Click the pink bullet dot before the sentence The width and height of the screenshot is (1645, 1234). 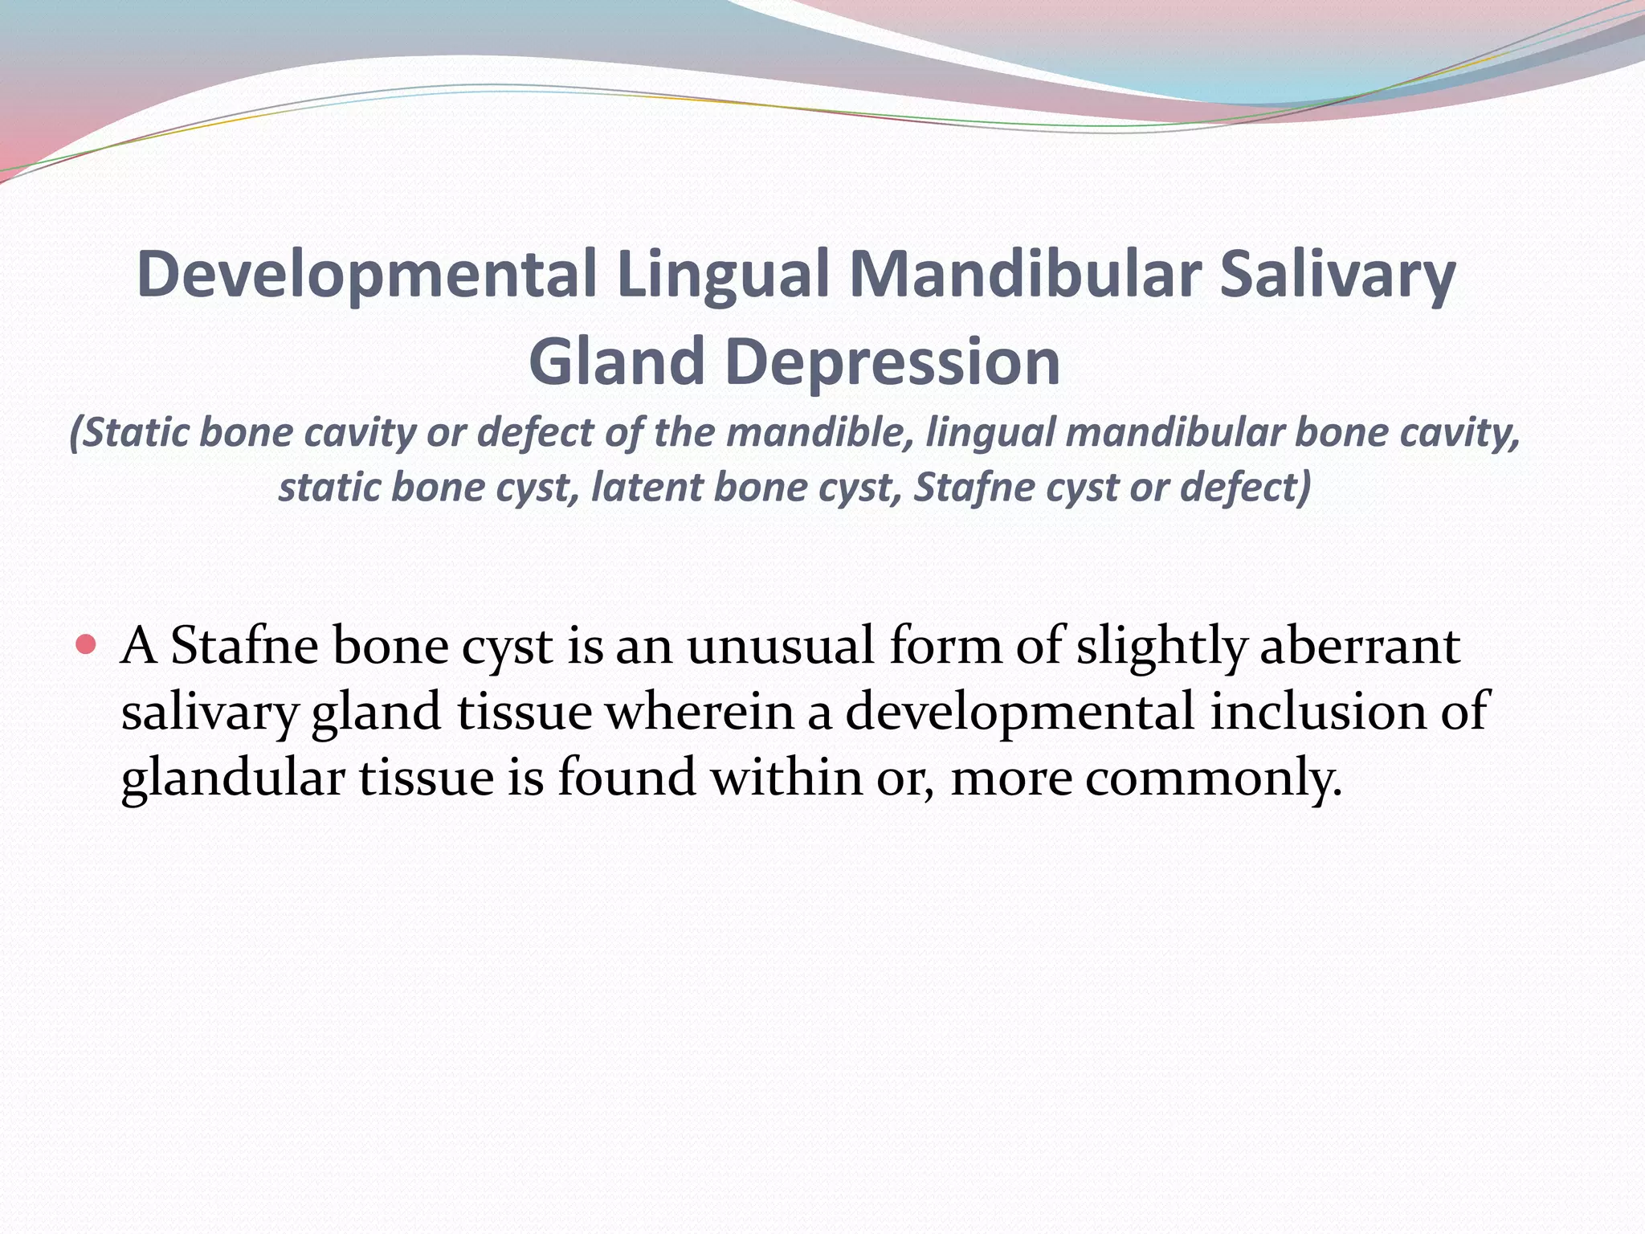click(87, 644)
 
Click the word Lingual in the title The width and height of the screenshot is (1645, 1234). click(723, 275)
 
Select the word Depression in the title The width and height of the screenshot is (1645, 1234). click(892, 363)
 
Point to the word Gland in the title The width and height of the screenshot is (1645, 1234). click(617, 362)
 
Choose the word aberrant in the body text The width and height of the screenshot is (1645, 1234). click(1359, 646)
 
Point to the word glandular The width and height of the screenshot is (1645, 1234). click(232, 779)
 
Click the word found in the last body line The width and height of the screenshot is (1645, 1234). click(627, 778)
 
